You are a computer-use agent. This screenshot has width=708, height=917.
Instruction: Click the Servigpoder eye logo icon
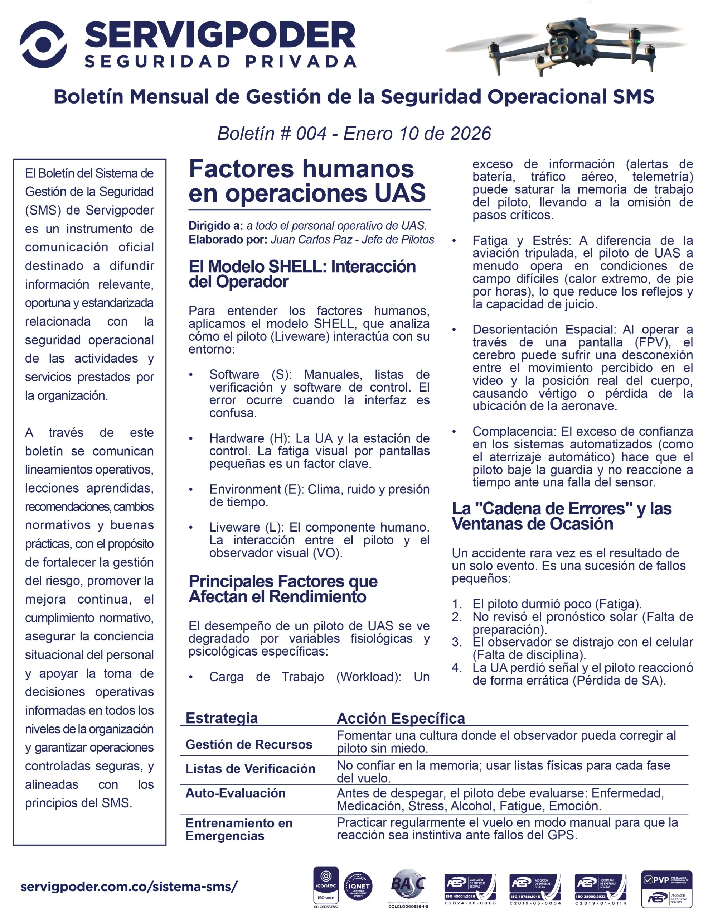tap(43, 44)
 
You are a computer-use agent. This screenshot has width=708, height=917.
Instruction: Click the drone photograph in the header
tap(567, 46)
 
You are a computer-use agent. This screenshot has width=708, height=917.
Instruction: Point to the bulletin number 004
tap(311, 134)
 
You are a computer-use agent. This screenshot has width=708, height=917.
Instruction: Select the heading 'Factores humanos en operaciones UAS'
tap(307, 181)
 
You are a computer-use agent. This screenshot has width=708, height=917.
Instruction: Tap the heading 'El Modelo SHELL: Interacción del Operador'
tap(302, 274)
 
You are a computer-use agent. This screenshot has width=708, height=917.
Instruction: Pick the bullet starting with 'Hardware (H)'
tap(319, 451)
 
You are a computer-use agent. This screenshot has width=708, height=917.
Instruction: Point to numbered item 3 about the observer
tap(582, 648)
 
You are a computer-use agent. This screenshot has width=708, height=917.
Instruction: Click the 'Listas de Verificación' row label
tap(250, 768)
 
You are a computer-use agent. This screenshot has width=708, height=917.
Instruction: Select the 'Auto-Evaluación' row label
tap(236, 793)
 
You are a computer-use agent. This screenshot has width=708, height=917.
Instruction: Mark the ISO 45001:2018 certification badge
tap(470, 887)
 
